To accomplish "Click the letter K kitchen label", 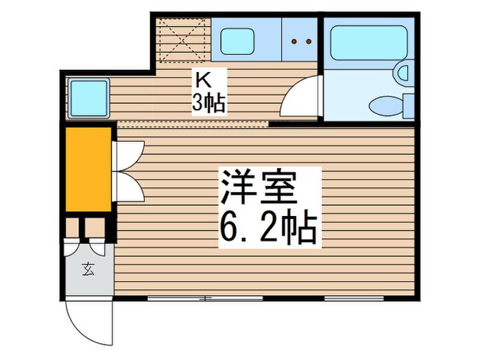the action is [204, 81].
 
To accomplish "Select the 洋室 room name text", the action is [259, 187].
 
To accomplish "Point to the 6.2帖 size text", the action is [267, 228].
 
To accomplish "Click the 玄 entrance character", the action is [88, 269].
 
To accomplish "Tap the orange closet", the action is [88, 169].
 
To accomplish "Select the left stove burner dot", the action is [294, 41].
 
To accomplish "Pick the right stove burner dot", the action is [309, 41].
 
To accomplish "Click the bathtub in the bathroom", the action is [368, 43].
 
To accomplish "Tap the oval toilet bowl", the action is [385, 106].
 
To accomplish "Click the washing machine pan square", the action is [88, 98].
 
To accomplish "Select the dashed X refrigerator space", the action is [183, 40].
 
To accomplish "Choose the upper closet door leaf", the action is [129, 156].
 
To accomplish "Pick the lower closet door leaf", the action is [129, 186].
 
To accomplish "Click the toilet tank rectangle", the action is [409, 106].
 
